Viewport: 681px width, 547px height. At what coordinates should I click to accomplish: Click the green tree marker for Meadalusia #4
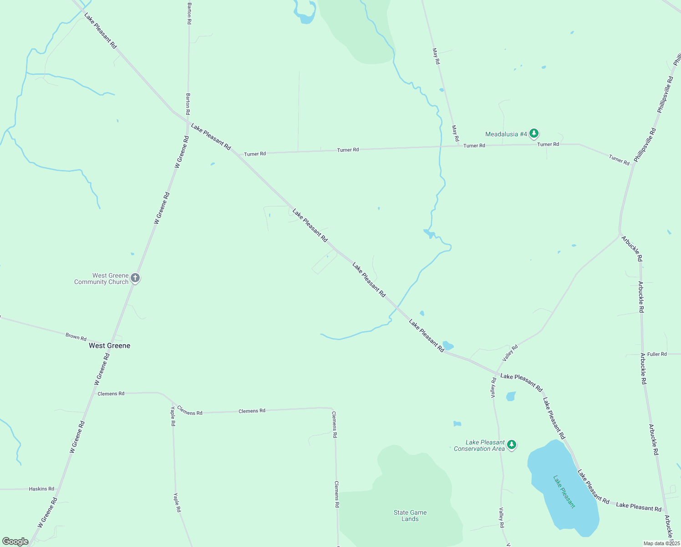pyautogui.click(x=534, y=134)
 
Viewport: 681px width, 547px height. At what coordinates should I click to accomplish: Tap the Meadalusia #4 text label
pyautogui.click(x=506, y=134)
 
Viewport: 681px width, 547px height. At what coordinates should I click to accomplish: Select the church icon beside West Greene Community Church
pyautogui.click(x=135, y=278)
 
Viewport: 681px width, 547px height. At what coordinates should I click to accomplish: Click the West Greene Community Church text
pyautogui.click(x=102, y=279)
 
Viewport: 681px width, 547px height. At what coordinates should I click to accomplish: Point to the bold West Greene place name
pyautogui.click(x=109, y=346)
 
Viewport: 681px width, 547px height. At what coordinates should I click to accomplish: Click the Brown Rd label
pyautogui.click(x=76, y=337)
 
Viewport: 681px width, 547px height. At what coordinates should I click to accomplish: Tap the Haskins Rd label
pyautogui.click(x=41, y=489)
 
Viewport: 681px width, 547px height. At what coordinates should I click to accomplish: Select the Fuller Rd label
pyautogui.click(x=657, y=354)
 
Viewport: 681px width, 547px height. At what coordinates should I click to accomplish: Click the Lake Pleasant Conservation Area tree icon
pyautogui.click(x=512, y=444)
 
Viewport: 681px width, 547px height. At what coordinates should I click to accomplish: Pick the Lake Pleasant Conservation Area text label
pyautogui.click(x=480, y=445)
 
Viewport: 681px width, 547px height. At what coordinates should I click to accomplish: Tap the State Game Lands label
pyautogui.click(x=410, y=516)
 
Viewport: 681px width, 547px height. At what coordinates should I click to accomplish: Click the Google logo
pyautogui.click(x=15, y=542)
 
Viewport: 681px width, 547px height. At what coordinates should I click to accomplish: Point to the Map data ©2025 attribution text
pyautogui.click(x=661, y=543)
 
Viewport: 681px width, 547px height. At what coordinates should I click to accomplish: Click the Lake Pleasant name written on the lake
pyautogui.click(x=564, y=492)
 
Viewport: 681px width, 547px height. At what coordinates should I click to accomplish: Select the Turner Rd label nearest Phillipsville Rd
pyautogui.click(x=619, y=160)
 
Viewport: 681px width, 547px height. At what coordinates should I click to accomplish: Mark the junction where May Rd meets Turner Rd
pyautogui.click(x=458, y=146)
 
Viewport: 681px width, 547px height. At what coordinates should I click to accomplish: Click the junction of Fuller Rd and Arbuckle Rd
pyautogui.click(x=643, y=354)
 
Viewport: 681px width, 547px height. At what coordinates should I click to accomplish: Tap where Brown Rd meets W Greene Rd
pyautogui.click(x=112, y=344)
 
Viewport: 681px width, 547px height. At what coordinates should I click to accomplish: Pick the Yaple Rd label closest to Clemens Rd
pyautogui.click(x=173, y=416)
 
